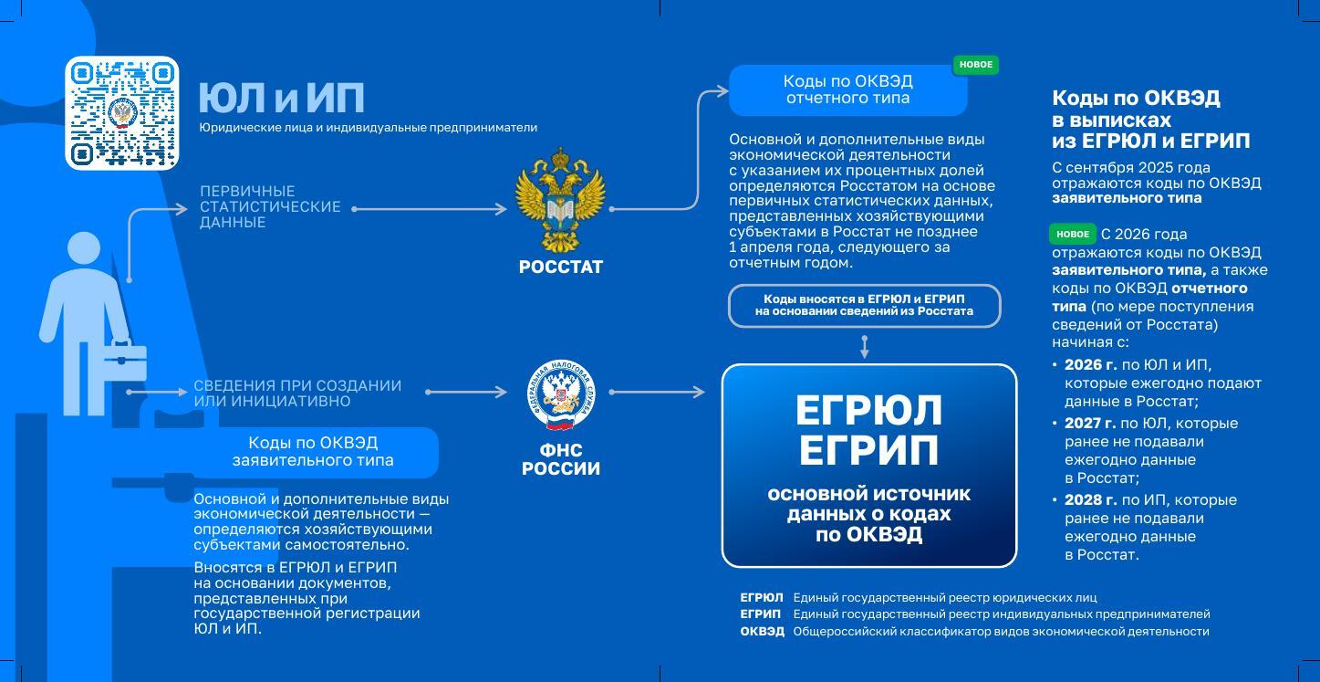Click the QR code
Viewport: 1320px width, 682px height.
(x=122, y=113)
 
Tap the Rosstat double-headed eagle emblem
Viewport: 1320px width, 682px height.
(x=560, y=202)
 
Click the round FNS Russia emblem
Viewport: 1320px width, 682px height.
(x=560, y=394)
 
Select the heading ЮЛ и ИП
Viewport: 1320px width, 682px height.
(x=281, y=98)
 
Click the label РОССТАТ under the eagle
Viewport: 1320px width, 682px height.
(x=560, y=268)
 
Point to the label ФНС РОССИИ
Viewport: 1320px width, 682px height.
(x=560, y=459)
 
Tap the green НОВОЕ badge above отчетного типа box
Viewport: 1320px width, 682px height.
(x=975, y=65)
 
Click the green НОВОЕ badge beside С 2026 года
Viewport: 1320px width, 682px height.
(x=1072, y=235)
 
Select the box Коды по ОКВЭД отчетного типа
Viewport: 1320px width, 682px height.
(x=847, y=89)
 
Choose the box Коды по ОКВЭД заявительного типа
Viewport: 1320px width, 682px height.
(x=313, y=451)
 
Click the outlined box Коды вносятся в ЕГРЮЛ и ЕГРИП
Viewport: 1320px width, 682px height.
(x=864, y=305)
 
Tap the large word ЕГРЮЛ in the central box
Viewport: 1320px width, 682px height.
(x=868, y=412)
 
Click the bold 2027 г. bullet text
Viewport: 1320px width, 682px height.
(x=1089, y=424)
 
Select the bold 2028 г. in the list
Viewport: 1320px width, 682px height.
(x=1089, y=500)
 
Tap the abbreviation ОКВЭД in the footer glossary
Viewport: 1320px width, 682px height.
(x=762, y=631)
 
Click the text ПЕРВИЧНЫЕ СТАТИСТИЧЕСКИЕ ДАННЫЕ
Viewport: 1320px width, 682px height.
(x=270, y=206)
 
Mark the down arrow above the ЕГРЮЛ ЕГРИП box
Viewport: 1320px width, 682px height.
(x=864, y=346)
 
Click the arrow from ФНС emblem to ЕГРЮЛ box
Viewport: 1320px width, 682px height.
(x=657, y=393)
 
